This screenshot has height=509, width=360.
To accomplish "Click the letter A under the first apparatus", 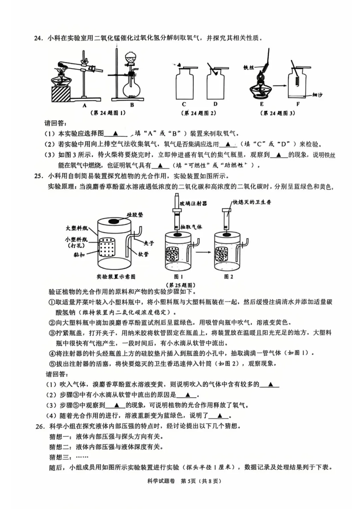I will click(x=84, y=105).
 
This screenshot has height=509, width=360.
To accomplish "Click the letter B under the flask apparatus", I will click(x=132, y=105).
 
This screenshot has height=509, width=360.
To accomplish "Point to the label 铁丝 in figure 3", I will click(x=248, y=68).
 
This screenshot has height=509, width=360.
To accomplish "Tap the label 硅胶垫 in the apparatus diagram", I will click(x=135, y=215).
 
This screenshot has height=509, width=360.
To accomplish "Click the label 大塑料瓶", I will click(x=77, y=228).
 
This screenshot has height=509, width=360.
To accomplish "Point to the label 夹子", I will click(x=149, y=243).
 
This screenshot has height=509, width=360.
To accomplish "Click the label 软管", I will click(x=143, y=254).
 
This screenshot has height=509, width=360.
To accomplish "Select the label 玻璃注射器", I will click(x=193, y=203).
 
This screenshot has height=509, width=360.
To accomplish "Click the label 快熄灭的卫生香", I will click(x=252, y=202).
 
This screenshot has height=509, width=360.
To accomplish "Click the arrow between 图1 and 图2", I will click(x=203, y=252).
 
